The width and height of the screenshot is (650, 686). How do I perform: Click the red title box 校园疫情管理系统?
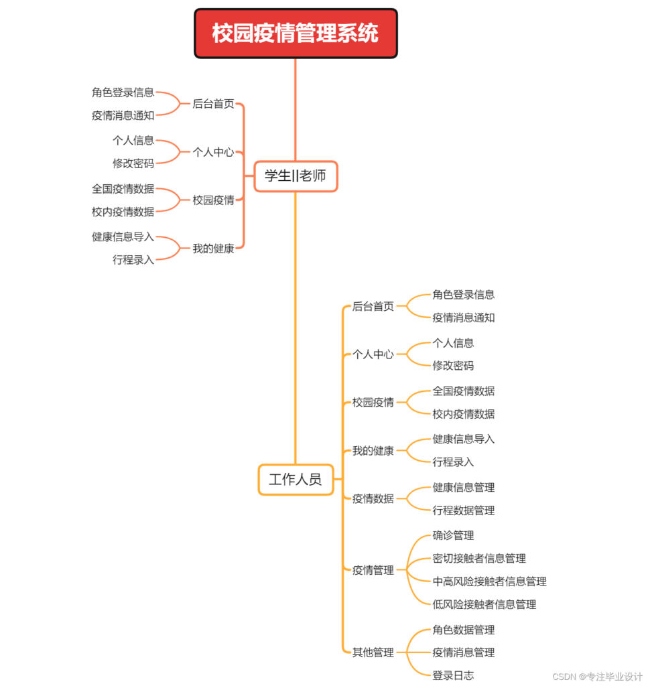coord(296,33)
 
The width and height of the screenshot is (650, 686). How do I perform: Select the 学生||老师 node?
coord(296,176)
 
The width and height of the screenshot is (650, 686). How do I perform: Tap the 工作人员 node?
coord(296,480)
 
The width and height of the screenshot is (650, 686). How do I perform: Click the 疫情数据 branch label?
coord(373,498)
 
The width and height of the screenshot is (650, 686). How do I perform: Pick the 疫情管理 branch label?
coord(373,570)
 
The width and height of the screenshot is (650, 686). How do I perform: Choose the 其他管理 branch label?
coord(373,653)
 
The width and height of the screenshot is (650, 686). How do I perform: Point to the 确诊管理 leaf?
coord(453,535)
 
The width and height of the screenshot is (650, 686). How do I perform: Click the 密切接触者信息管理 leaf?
coord(479,558)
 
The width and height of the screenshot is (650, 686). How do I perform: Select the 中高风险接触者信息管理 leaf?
coord(489,581)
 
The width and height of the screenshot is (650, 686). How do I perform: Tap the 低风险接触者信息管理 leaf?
coord(484,605)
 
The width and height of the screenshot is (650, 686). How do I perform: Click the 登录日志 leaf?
coord(453,675)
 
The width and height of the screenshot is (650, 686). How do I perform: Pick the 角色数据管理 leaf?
coord(464,630)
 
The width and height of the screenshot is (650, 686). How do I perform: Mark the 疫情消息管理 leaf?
coord(464,653)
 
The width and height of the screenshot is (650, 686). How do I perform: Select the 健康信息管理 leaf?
coord(464,488)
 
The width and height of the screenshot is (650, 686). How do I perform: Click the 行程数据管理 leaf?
coord(464,510)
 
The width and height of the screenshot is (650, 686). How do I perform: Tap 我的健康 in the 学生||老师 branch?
coord(213,249)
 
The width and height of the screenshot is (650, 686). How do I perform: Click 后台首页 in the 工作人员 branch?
coord(373,306)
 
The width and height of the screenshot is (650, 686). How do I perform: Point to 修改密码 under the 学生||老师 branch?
coord(133,163)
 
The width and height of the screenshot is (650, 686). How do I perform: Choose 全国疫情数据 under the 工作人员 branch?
coord(464,391)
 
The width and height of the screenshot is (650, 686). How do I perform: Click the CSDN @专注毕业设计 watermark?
coord(598,677)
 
